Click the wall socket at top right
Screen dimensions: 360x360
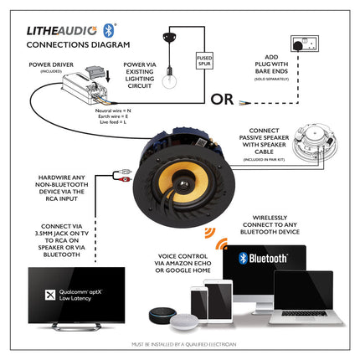[302, 43]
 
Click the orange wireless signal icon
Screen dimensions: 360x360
[222, 244]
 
